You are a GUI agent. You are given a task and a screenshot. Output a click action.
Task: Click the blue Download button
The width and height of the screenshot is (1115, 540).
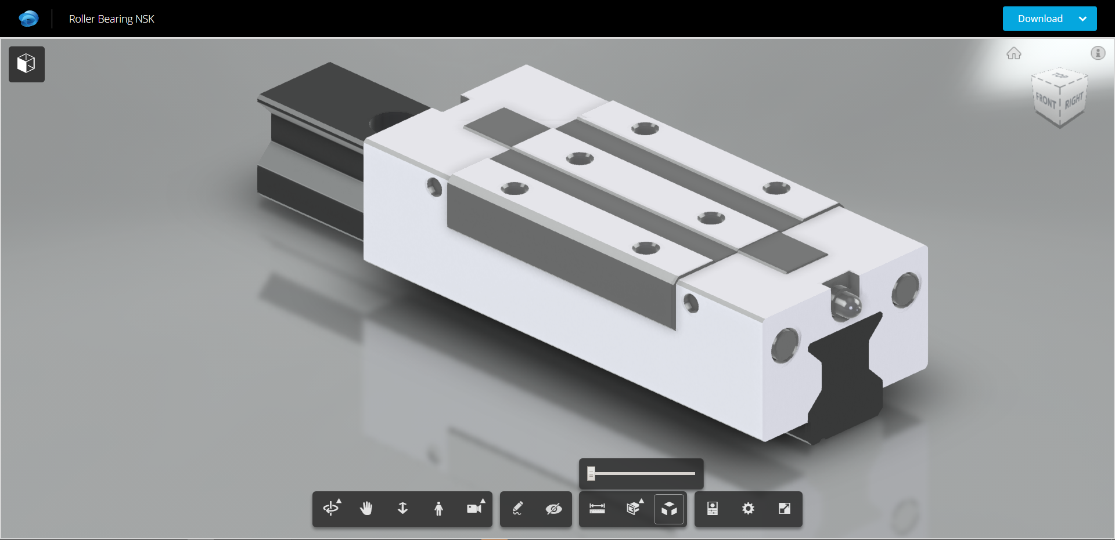point(1040,19)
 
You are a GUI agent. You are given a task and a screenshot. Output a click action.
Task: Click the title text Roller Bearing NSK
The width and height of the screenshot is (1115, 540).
point(111,19)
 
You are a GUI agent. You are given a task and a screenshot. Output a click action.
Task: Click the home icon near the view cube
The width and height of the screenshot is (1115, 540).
point(1013,53)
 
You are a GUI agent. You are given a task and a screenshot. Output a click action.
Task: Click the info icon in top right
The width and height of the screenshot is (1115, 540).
point(1098,53)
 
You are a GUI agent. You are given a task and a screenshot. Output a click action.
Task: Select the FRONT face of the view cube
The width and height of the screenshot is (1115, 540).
point(1045,102)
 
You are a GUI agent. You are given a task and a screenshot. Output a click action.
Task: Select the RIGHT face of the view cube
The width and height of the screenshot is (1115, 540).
point(1073,101)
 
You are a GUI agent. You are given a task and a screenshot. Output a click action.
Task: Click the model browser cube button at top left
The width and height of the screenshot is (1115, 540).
point(27,64)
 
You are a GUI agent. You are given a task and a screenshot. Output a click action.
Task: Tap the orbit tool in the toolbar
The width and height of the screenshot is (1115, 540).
point(331,509)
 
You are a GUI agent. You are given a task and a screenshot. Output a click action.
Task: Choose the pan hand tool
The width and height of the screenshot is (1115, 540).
point(366,509)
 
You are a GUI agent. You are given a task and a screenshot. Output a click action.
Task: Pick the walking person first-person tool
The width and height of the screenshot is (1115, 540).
point(438,509)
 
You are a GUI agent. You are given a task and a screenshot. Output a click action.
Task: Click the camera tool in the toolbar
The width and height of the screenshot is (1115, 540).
point(474,509)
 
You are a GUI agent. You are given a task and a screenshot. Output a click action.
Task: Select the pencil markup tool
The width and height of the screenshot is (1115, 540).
point(517,509)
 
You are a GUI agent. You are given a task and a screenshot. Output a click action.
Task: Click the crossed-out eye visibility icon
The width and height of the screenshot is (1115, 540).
point(553,509)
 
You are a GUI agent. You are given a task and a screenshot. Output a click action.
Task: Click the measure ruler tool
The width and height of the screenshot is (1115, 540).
point(597,509)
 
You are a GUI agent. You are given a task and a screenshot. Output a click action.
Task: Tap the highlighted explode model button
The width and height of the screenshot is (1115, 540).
point(669,509)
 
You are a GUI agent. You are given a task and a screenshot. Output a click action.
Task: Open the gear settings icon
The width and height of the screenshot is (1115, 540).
point(748,509)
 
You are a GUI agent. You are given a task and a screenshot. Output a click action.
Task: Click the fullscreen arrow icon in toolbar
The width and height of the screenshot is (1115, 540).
point(784,509)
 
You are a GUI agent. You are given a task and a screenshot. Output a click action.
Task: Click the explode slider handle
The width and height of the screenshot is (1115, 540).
point(591,473)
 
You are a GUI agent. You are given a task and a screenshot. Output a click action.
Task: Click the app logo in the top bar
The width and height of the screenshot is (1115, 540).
point(28,19)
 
